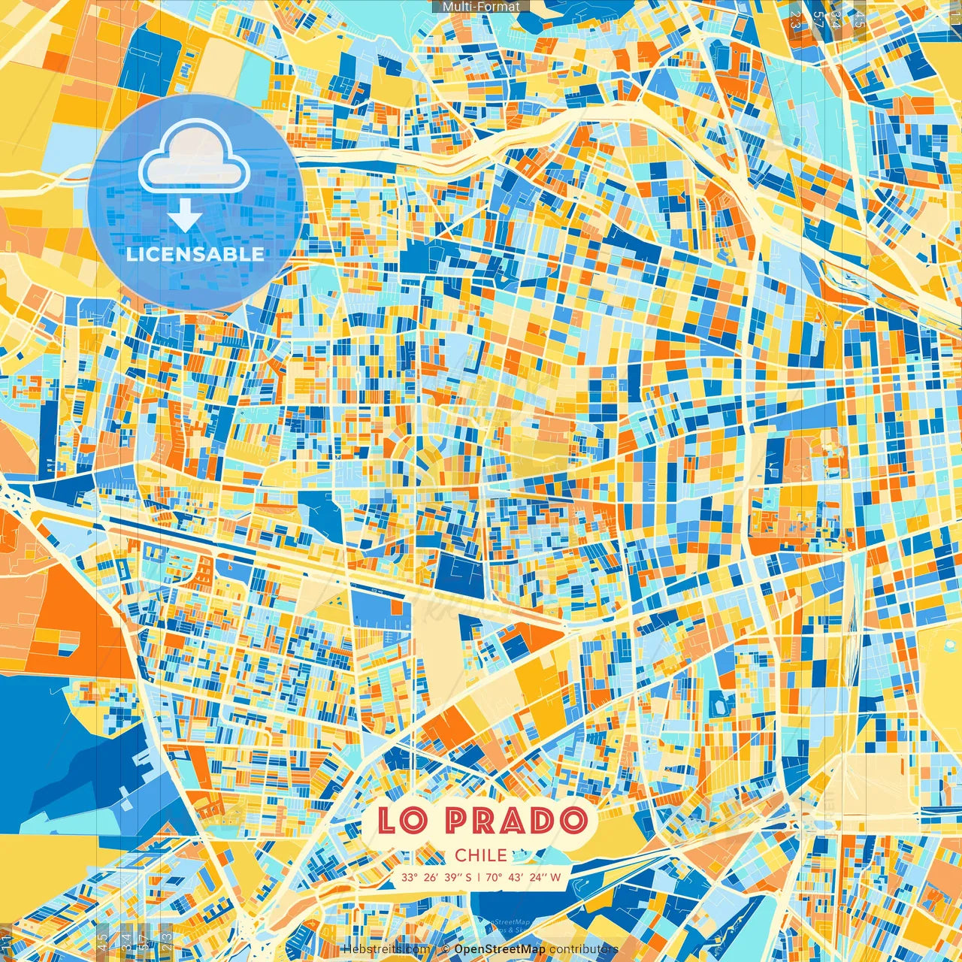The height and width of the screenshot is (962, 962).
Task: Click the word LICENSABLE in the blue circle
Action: pyautogui.click(x=195, y=254)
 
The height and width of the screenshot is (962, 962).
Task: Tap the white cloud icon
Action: pyautogui.click(x=194, y=156)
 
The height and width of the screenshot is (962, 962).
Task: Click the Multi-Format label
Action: pyautogui.click(x=481, y=7)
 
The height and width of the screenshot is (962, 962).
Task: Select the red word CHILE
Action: pyautogui.click(x=481, y=855)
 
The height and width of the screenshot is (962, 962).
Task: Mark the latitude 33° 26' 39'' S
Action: pyautogui.click(x=437, y=877)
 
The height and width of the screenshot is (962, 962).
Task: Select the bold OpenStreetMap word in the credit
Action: pyautogui.click(x=500, y=949)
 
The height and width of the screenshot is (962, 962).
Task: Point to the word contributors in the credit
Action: pyautogui.click(x=584, y=949)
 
